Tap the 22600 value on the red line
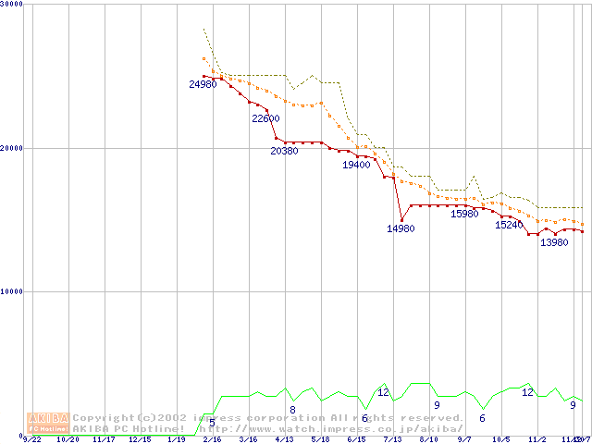(265, 118)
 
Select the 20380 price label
(284, 151)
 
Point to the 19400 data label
(356, 165)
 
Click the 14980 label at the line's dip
(401, 228)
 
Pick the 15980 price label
(464, 214)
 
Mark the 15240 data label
(509, 225)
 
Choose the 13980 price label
(554, 242)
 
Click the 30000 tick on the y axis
(12, 4)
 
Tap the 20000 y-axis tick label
(12, 148)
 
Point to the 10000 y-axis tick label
(12, 291)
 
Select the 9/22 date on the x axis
(31, 439)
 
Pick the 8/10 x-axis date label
(428, 439)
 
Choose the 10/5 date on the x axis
(501, 439)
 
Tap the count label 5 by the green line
(212, 423)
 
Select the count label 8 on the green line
(292, 410)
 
